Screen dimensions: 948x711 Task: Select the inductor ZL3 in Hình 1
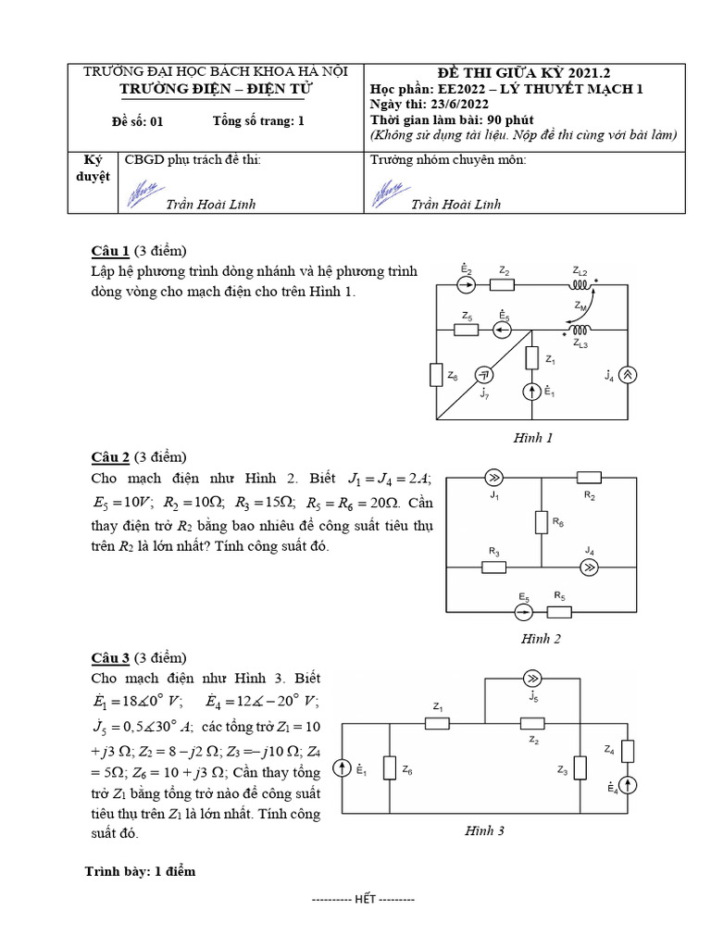click(580, 330)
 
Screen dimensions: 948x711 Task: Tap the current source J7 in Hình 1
click(483, 375)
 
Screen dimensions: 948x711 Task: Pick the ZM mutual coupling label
click(580, 306)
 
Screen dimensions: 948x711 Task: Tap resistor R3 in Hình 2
click(494, 567)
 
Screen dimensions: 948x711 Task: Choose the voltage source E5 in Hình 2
click(524, 611)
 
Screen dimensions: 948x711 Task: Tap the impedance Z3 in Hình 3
click(580, 768)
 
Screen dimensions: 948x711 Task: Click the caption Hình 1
click(532, 438)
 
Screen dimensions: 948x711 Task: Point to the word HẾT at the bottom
click(366, 899)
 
